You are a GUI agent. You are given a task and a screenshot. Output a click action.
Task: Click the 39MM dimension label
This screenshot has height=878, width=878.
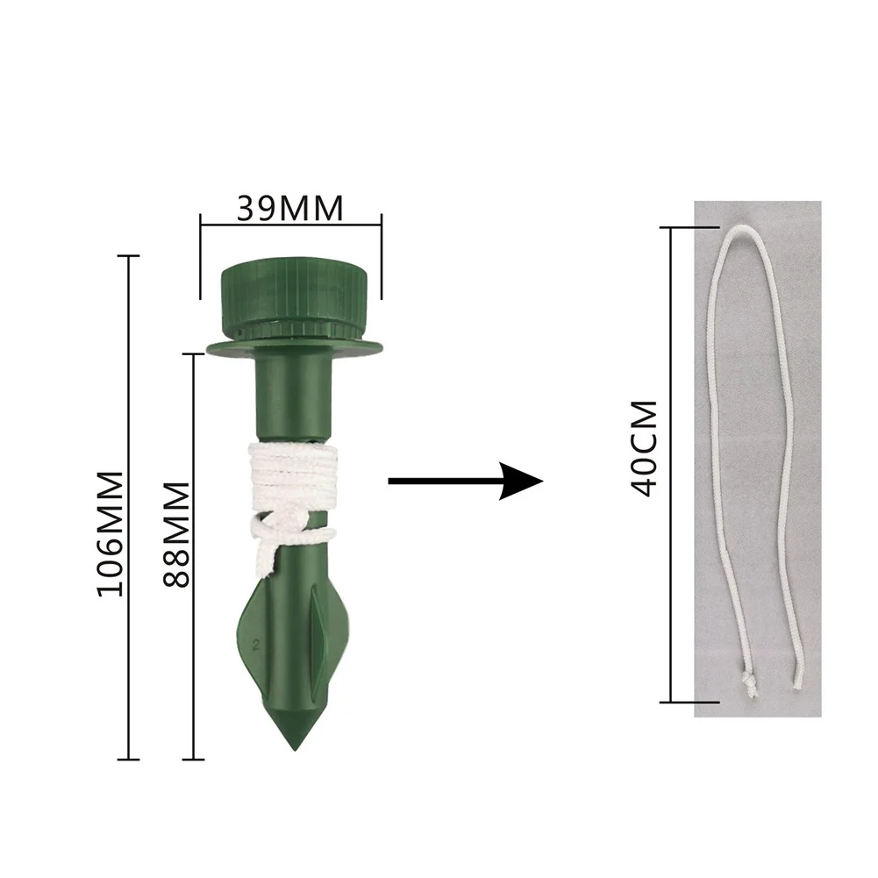click(289, 208)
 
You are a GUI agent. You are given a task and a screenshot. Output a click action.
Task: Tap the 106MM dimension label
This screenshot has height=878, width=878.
click(111, 533)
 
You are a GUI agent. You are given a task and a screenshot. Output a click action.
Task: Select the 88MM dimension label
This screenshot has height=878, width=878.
click(175, 534)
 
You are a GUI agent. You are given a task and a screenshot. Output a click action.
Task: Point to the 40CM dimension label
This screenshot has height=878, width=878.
click(644, 448)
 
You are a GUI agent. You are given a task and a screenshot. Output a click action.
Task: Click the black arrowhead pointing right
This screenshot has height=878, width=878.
click(521, 481)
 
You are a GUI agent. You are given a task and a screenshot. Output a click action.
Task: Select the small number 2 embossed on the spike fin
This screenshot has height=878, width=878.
click(256, 645)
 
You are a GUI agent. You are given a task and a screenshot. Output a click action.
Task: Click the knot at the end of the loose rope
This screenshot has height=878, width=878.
click(749, 685)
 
